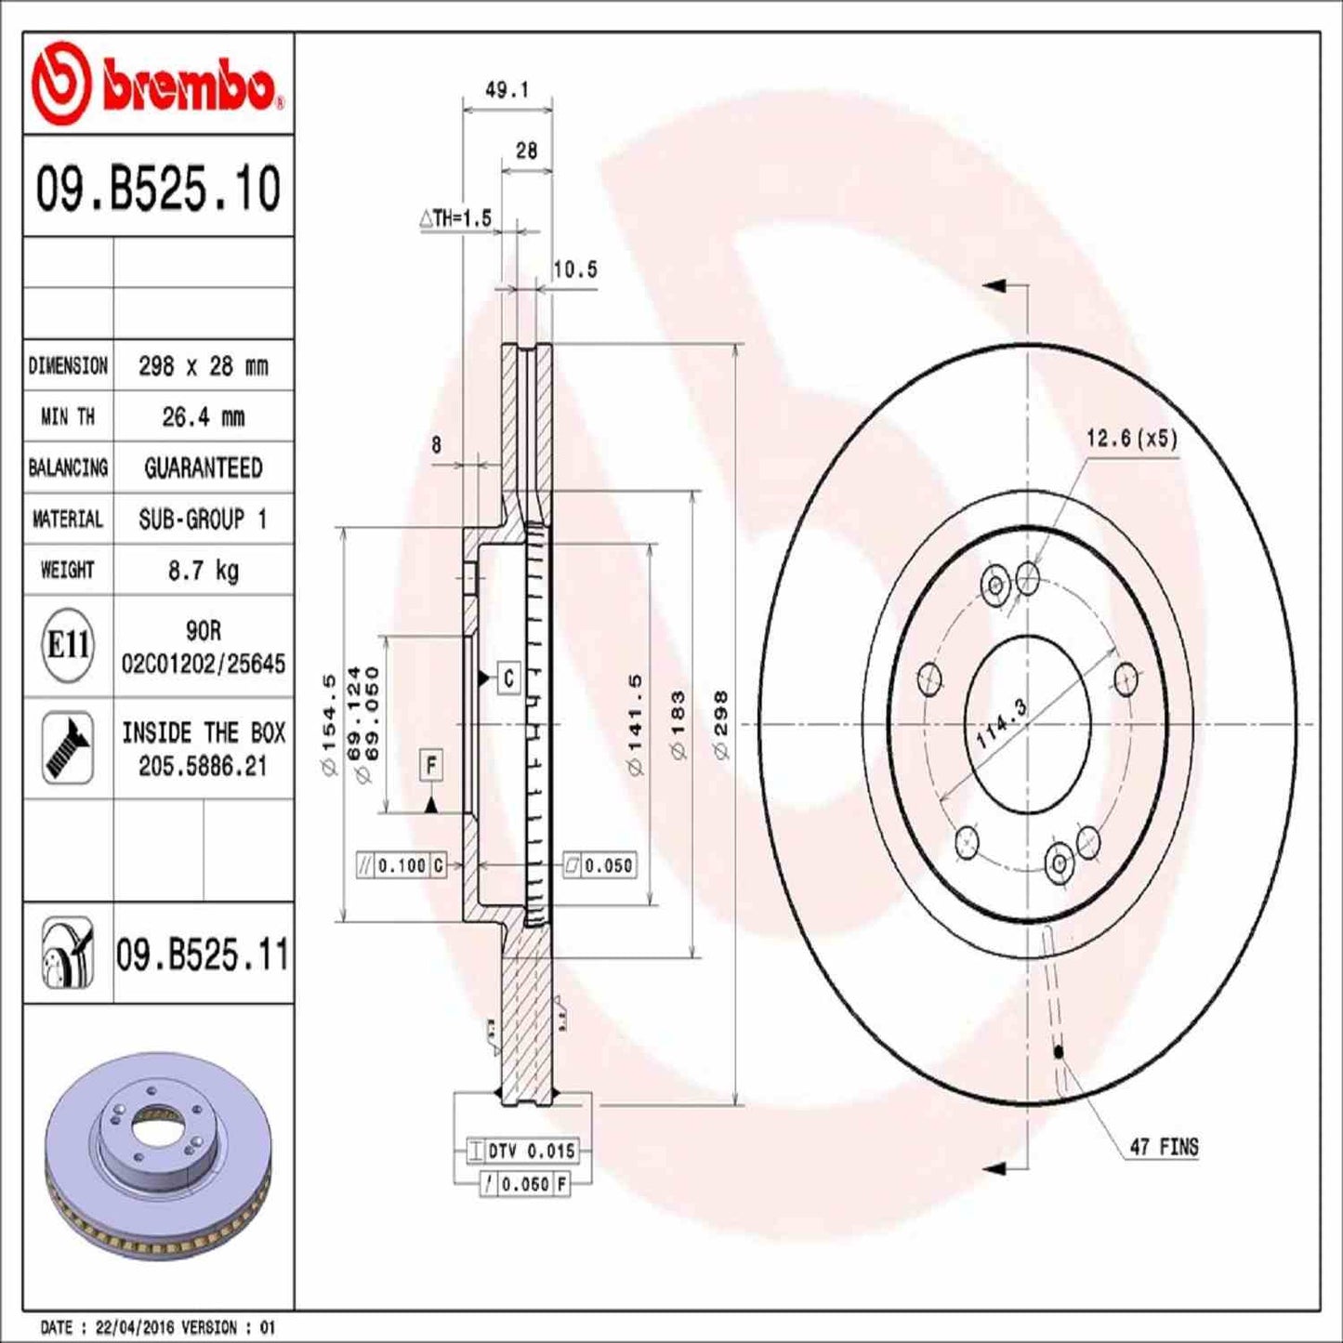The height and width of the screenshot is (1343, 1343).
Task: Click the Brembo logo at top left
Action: click(x=156, y=86)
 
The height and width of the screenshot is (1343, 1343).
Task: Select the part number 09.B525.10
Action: click(x=158, y=189)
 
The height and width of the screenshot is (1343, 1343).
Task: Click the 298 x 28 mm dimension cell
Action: click(x=203, y=366)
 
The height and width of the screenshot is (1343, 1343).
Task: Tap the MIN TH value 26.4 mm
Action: click(x=203, y=417)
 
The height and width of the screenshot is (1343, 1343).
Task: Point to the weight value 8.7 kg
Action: click(x=203, y=570)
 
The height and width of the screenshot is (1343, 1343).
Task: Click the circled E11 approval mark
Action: click(x=68, y=645)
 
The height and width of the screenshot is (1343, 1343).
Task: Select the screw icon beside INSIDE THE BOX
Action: click(x=68, y=748)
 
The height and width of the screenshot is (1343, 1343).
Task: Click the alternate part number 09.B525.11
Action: click(x=203, y=955)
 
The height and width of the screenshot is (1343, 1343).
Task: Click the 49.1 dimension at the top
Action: click(x=507, y=90)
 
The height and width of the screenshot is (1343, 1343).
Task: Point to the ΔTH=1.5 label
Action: click(x=454, y=218)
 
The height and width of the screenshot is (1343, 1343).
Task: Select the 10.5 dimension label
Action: click(x=574, y=270)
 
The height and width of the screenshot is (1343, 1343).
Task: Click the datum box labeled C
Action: click(x=508, y=678)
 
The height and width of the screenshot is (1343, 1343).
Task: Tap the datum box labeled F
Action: click(x=430, y=766)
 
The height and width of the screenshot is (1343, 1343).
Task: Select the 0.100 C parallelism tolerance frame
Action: click(x=402, y=865)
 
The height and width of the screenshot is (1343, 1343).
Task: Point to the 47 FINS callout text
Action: click(x=1164, y=1147)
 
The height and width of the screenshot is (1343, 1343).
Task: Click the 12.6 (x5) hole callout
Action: click(x=1131, y=439)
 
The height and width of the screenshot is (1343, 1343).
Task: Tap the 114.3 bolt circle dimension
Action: click(x=1002, y=724)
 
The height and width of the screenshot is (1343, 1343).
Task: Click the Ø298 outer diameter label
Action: click(x=721, y=725)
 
